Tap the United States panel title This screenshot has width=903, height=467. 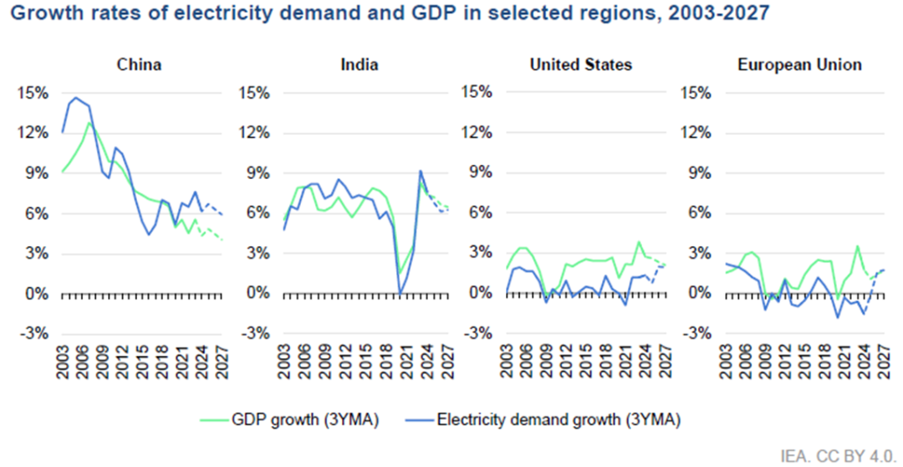click(581, 64)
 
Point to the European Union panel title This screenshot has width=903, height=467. click(799, 64)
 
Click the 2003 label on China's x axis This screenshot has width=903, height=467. click(64, 363)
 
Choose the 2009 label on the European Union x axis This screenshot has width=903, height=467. click(765, 363)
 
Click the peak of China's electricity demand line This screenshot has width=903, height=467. click(75, 98)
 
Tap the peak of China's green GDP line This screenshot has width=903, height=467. click(89, 123)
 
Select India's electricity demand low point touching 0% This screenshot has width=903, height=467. click(400, 293)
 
